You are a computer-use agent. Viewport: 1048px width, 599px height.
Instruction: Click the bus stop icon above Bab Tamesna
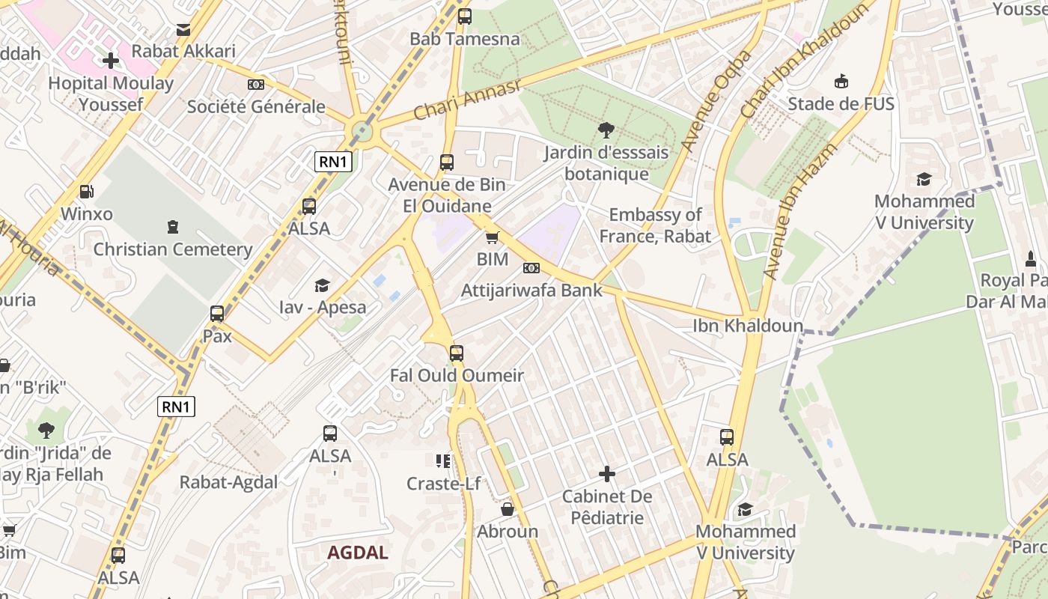pos(465,16)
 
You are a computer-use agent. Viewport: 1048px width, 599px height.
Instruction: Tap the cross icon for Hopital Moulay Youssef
pos(111,60)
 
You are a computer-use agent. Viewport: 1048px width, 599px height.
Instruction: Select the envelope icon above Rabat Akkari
pos(183,30)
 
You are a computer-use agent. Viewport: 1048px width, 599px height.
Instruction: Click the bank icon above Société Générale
pos(256,85)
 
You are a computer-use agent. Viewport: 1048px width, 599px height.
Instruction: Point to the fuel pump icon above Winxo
pos(87,192)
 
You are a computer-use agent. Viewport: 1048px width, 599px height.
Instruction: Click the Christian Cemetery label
pos(172,249)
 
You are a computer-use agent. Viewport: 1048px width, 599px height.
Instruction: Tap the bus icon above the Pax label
pos(217,314)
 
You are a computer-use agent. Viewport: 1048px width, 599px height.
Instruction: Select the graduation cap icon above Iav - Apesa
pos(322,285)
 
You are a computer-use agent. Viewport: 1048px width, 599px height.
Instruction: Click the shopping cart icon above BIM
pos(492,237)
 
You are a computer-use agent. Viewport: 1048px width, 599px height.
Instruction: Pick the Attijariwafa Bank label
pos(531,290)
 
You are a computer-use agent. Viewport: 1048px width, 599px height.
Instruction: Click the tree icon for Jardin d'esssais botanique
pos(606,130)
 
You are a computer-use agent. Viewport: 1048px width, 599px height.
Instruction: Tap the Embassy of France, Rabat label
pos(655,225)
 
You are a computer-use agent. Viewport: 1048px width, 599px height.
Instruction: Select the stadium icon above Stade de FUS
pos(841,81)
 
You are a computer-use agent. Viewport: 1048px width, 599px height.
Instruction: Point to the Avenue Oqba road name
pos(716,100)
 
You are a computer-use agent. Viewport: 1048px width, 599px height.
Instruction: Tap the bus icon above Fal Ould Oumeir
pos(457,353)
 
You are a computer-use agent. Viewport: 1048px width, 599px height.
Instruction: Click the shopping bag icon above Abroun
pos(508,509)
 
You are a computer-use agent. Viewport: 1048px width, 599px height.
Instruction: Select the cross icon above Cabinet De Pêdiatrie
pos(607,474)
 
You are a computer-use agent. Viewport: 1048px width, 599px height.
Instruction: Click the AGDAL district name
pos(358,553)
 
